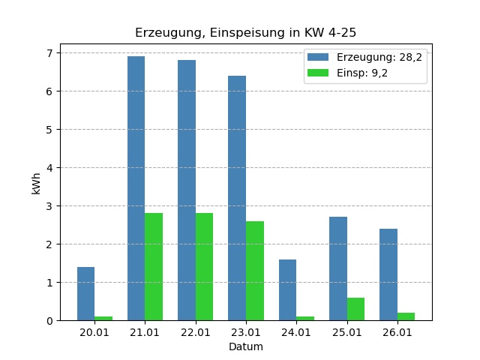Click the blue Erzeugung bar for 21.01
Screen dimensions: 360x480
point(136,188)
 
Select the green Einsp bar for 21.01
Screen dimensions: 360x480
point(154,266)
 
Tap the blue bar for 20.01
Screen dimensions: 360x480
point(85,293)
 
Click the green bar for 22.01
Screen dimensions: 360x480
point(204,266)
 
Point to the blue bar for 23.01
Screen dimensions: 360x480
point(237,198)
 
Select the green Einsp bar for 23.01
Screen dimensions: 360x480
point(255,271)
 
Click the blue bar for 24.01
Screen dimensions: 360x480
point(287,289)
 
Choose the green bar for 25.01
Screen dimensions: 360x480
point(355,309)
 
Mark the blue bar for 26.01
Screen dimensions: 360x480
point(388,274)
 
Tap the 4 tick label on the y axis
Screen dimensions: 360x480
point(49,168)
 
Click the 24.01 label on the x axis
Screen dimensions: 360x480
point(296,332)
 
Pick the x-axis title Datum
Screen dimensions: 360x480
point(246,346)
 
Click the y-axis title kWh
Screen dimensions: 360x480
point(36,182)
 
